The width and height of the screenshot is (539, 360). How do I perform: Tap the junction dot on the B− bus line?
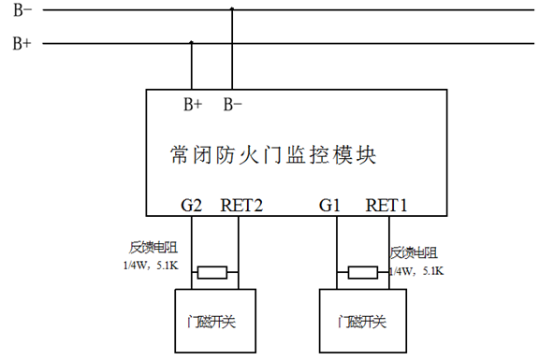tap(232, 10)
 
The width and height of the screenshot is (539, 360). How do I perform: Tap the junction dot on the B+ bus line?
tap(192, 43)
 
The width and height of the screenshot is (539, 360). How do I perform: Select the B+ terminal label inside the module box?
tap(192, 105)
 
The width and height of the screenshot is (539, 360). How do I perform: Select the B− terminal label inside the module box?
tap(233, 105)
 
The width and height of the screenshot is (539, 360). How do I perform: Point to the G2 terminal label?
tap(192, 203)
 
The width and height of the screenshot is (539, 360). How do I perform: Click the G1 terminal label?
tap(330, 203)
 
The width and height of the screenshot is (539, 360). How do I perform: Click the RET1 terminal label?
tap(386, 203)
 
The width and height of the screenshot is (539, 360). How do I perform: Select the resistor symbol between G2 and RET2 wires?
tap(212, 272)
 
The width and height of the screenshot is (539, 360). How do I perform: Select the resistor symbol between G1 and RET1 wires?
tap(362, 272)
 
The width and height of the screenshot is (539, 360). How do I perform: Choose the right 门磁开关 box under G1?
tap(363, 320)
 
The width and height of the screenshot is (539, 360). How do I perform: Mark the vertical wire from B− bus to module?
tap(232, 51)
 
